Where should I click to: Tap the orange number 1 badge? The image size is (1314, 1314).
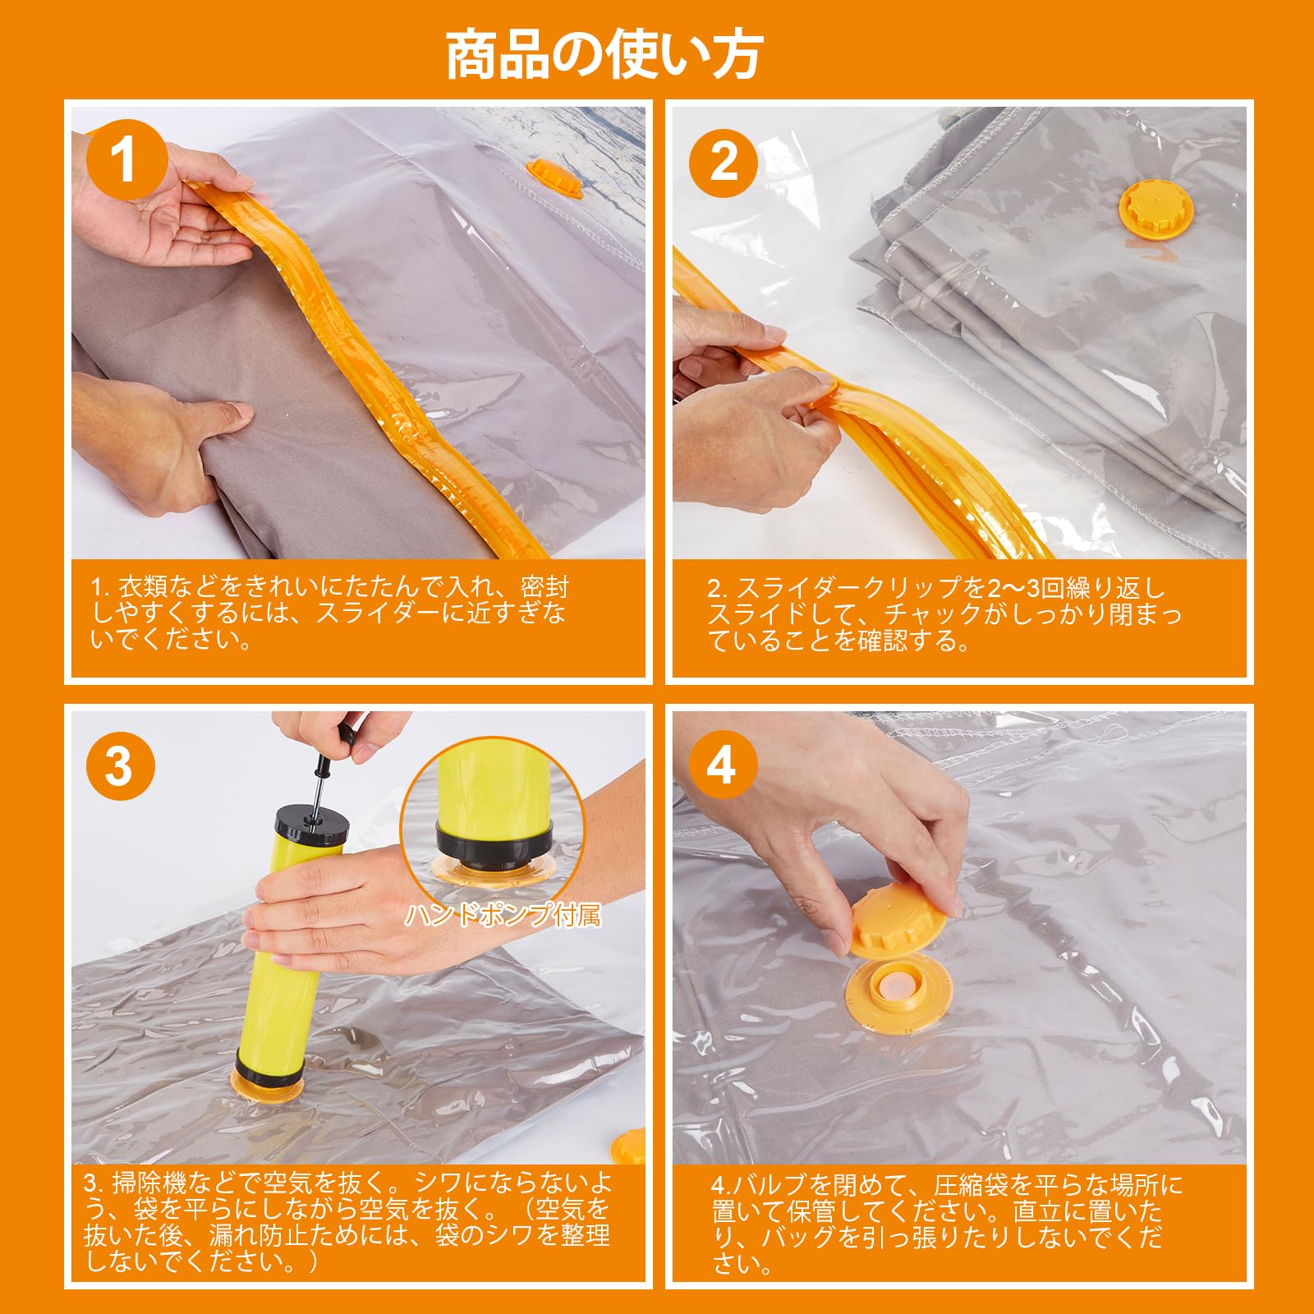[x=122, y=160]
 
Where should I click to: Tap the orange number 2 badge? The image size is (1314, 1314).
[x=724, y=161]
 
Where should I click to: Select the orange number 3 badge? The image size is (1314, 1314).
[x=119, y=765]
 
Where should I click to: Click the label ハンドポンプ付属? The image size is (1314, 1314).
[x=503, y=915]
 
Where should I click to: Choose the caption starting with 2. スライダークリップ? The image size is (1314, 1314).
[x=944, y=613]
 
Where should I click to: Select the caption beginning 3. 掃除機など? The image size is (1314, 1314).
[x=347, y=1222]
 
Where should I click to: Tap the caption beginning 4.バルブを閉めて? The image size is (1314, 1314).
[x=947, y=1223]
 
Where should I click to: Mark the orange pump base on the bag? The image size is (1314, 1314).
[x=269, y=1084]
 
